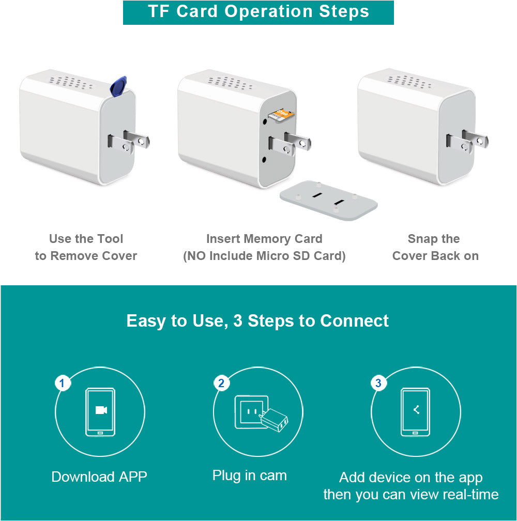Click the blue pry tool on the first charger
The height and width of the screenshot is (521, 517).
119,86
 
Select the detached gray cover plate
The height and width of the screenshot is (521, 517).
328,200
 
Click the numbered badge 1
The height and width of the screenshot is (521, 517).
63,384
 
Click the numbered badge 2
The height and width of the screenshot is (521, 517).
221,384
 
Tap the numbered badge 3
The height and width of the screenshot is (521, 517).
378,384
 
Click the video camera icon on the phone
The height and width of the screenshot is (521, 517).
101,410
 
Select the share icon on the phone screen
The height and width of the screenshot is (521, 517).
416,410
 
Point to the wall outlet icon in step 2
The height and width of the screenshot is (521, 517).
251,412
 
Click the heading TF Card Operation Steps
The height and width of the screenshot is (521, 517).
258,12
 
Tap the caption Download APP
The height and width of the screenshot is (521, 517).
99,477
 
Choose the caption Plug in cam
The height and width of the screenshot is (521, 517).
249,476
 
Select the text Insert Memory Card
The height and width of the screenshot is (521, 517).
264,239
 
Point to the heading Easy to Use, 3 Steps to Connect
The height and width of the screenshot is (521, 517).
257,321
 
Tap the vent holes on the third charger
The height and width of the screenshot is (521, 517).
408,82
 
